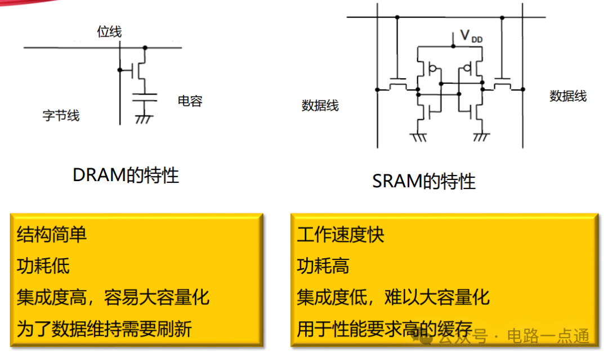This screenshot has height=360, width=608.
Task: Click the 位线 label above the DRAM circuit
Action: pyautogui.click(x=109, y=31)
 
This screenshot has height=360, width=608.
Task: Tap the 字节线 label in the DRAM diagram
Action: pyautogui.click(x=61, y=115)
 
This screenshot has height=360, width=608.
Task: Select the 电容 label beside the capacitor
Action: pyautogui.click(x=190, y=101)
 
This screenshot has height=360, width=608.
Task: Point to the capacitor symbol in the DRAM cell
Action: pyautogui.click(x=145, y=97)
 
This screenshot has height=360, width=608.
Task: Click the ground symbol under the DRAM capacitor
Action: pyautogui.click(x=144, y=119)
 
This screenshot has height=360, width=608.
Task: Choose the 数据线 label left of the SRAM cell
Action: pyautogui.click(x=320, y=105)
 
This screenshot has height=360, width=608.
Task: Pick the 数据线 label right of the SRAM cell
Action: pyautogui.click(x=568, y=96)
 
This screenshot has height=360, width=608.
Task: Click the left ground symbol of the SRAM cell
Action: pyautogui.click(x=418, y=137)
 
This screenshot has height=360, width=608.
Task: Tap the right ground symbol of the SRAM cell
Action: pyautogui.click(x=481, y=137)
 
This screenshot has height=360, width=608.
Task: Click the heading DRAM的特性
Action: pyautogui.click(x=126, y=175)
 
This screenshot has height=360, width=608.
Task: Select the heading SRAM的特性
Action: pyautogui.click(x=424, y=181)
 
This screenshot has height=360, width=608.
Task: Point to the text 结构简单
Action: pyautogui.click(x=52, y=235)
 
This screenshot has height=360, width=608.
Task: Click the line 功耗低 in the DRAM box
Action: pyautogui.click(x=43, y=266)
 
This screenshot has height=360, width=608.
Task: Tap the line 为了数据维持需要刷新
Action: pyautogui.click(x=104, y=329)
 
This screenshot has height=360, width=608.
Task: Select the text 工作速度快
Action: pyautogui.click(x=341, y=235)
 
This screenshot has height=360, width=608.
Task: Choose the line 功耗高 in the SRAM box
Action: pyautogui.click(x=323, y=266)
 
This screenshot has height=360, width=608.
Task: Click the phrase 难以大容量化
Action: pyautogui.click(x=437, y=298)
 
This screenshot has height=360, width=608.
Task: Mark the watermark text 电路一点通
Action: pyautogui.click(x=548, y=336)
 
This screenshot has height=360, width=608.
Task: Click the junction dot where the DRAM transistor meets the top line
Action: pyautogui.click(x=145, y=48)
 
